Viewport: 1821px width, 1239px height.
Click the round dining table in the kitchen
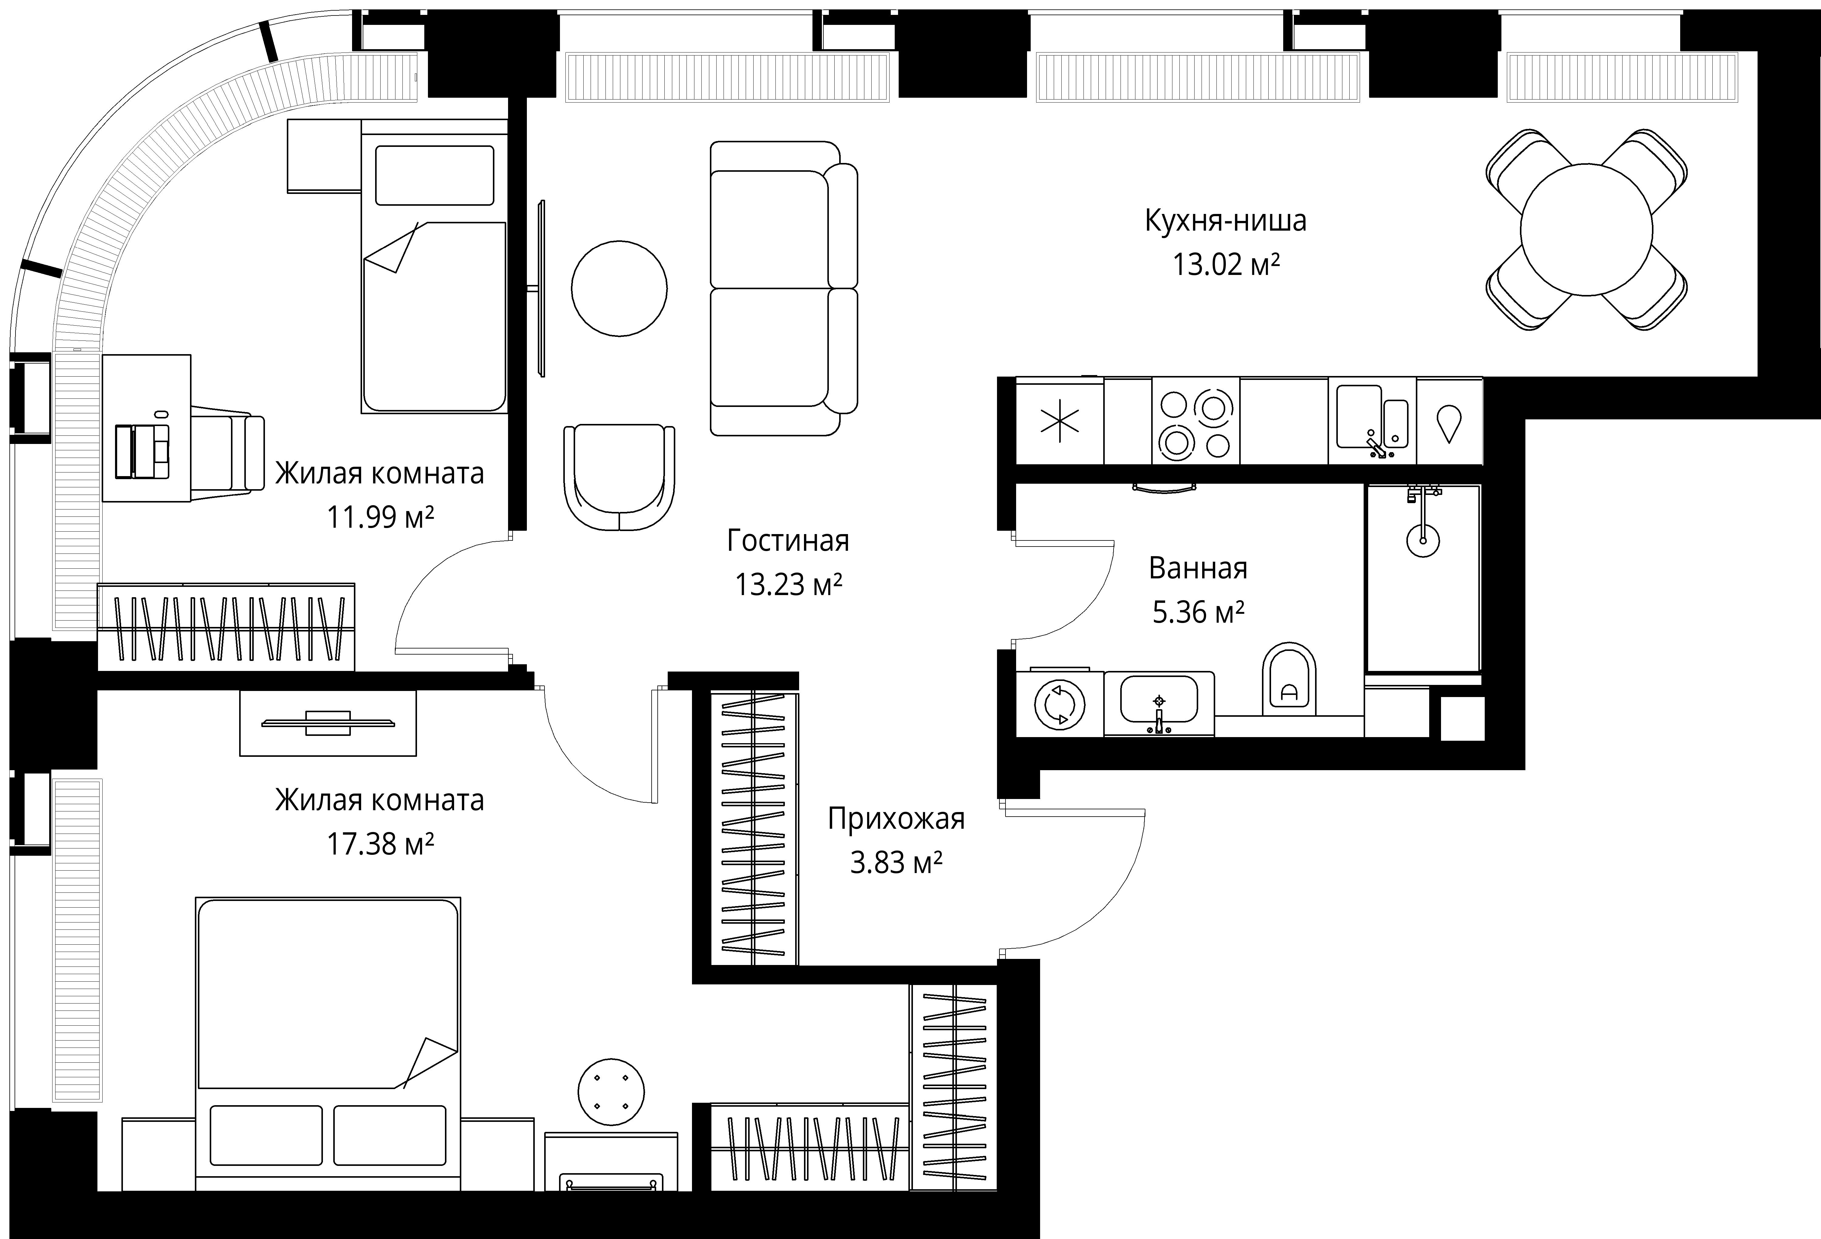point(1586,230)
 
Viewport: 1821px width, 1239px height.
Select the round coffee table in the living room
point(619,288)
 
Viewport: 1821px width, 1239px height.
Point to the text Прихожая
point(897,819)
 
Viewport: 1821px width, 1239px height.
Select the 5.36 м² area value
point(1198,612)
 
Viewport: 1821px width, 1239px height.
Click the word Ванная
point(1198,568)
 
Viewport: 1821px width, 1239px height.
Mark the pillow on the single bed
point(435,175)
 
